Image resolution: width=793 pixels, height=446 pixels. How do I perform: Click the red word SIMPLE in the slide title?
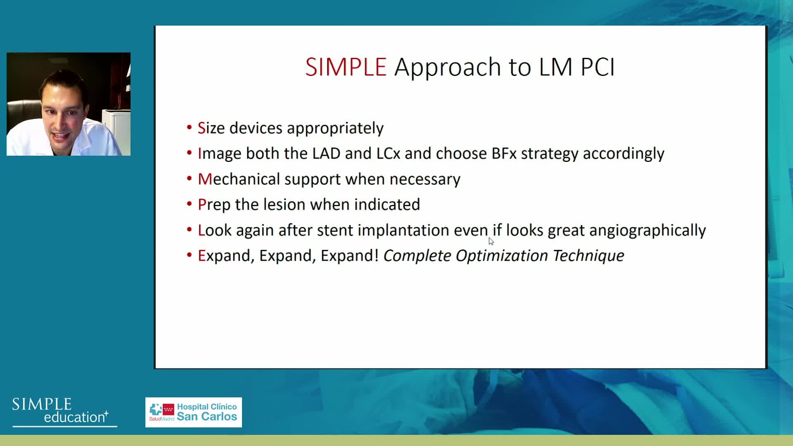[346, 67]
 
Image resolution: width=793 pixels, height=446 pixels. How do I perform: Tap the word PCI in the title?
[598, 67]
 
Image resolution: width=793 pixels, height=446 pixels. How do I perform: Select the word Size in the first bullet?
[211, 128]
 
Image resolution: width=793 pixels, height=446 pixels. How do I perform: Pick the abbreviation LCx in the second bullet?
[388, 154]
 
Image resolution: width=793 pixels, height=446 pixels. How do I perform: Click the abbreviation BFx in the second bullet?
[504, 154]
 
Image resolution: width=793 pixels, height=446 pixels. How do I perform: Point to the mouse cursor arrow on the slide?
[491, 242]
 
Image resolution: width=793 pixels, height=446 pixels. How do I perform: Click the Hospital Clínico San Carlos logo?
[194, 413]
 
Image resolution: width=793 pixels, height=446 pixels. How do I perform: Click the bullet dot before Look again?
[190, 229]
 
